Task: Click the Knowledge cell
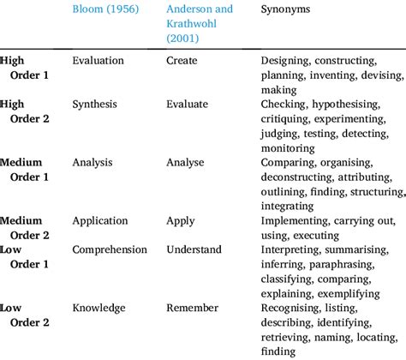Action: coord(99,308)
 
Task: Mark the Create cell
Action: coord(182,61)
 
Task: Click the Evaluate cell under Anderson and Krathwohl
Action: coord(188,104)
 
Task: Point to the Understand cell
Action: coord(195,249)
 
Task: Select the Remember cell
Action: coord(194,308)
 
